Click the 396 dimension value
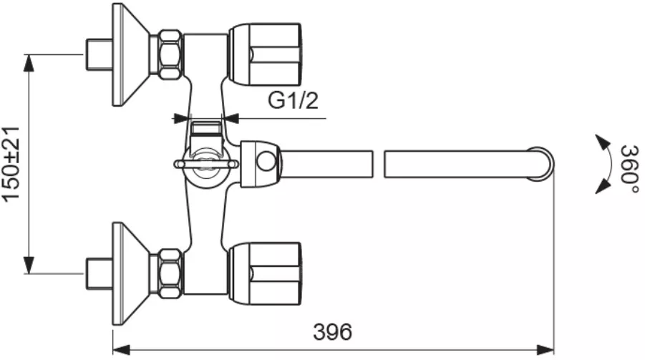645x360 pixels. click(332, 331)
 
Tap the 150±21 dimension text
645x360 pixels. click(11, 164)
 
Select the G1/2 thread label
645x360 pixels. click(293, 100)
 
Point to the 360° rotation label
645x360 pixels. click(629, 164)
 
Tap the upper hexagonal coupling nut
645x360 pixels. click(170, 54)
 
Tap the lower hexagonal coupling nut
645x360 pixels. click(170, 273)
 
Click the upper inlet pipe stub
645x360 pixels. click(99, 54)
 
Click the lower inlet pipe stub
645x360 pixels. click(99, 273)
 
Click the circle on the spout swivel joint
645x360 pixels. click(266, 161)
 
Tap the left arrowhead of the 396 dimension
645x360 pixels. click(122, 350)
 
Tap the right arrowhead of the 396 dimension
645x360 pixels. click(545, 350)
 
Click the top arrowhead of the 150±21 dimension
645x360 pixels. click(29, 63)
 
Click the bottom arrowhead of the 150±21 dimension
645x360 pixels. click(29, 265)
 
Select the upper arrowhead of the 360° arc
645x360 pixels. click(603, 142)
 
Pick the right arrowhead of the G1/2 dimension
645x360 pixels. click(231, 119)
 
